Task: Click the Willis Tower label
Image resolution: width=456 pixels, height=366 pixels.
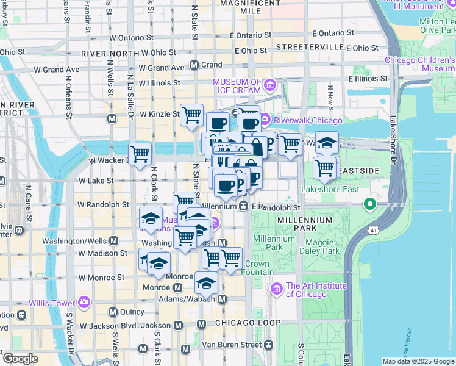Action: (51, 303)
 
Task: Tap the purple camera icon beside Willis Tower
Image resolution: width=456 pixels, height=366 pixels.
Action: (84, 303)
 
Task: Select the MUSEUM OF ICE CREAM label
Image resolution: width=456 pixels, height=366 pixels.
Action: (237, 86)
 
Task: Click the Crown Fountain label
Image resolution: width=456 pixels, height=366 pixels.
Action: (257, 268)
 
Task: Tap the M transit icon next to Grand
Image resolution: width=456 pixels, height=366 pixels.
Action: (194, 65)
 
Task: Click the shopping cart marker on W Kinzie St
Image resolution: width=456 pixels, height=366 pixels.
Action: (191, 113)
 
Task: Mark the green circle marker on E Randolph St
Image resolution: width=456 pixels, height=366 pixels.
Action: (369, 204)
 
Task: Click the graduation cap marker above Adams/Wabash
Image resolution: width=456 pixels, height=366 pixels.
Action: (206, 282)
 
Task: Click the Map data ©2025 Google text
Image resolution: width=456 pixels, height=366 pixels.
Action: (418, 361)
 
